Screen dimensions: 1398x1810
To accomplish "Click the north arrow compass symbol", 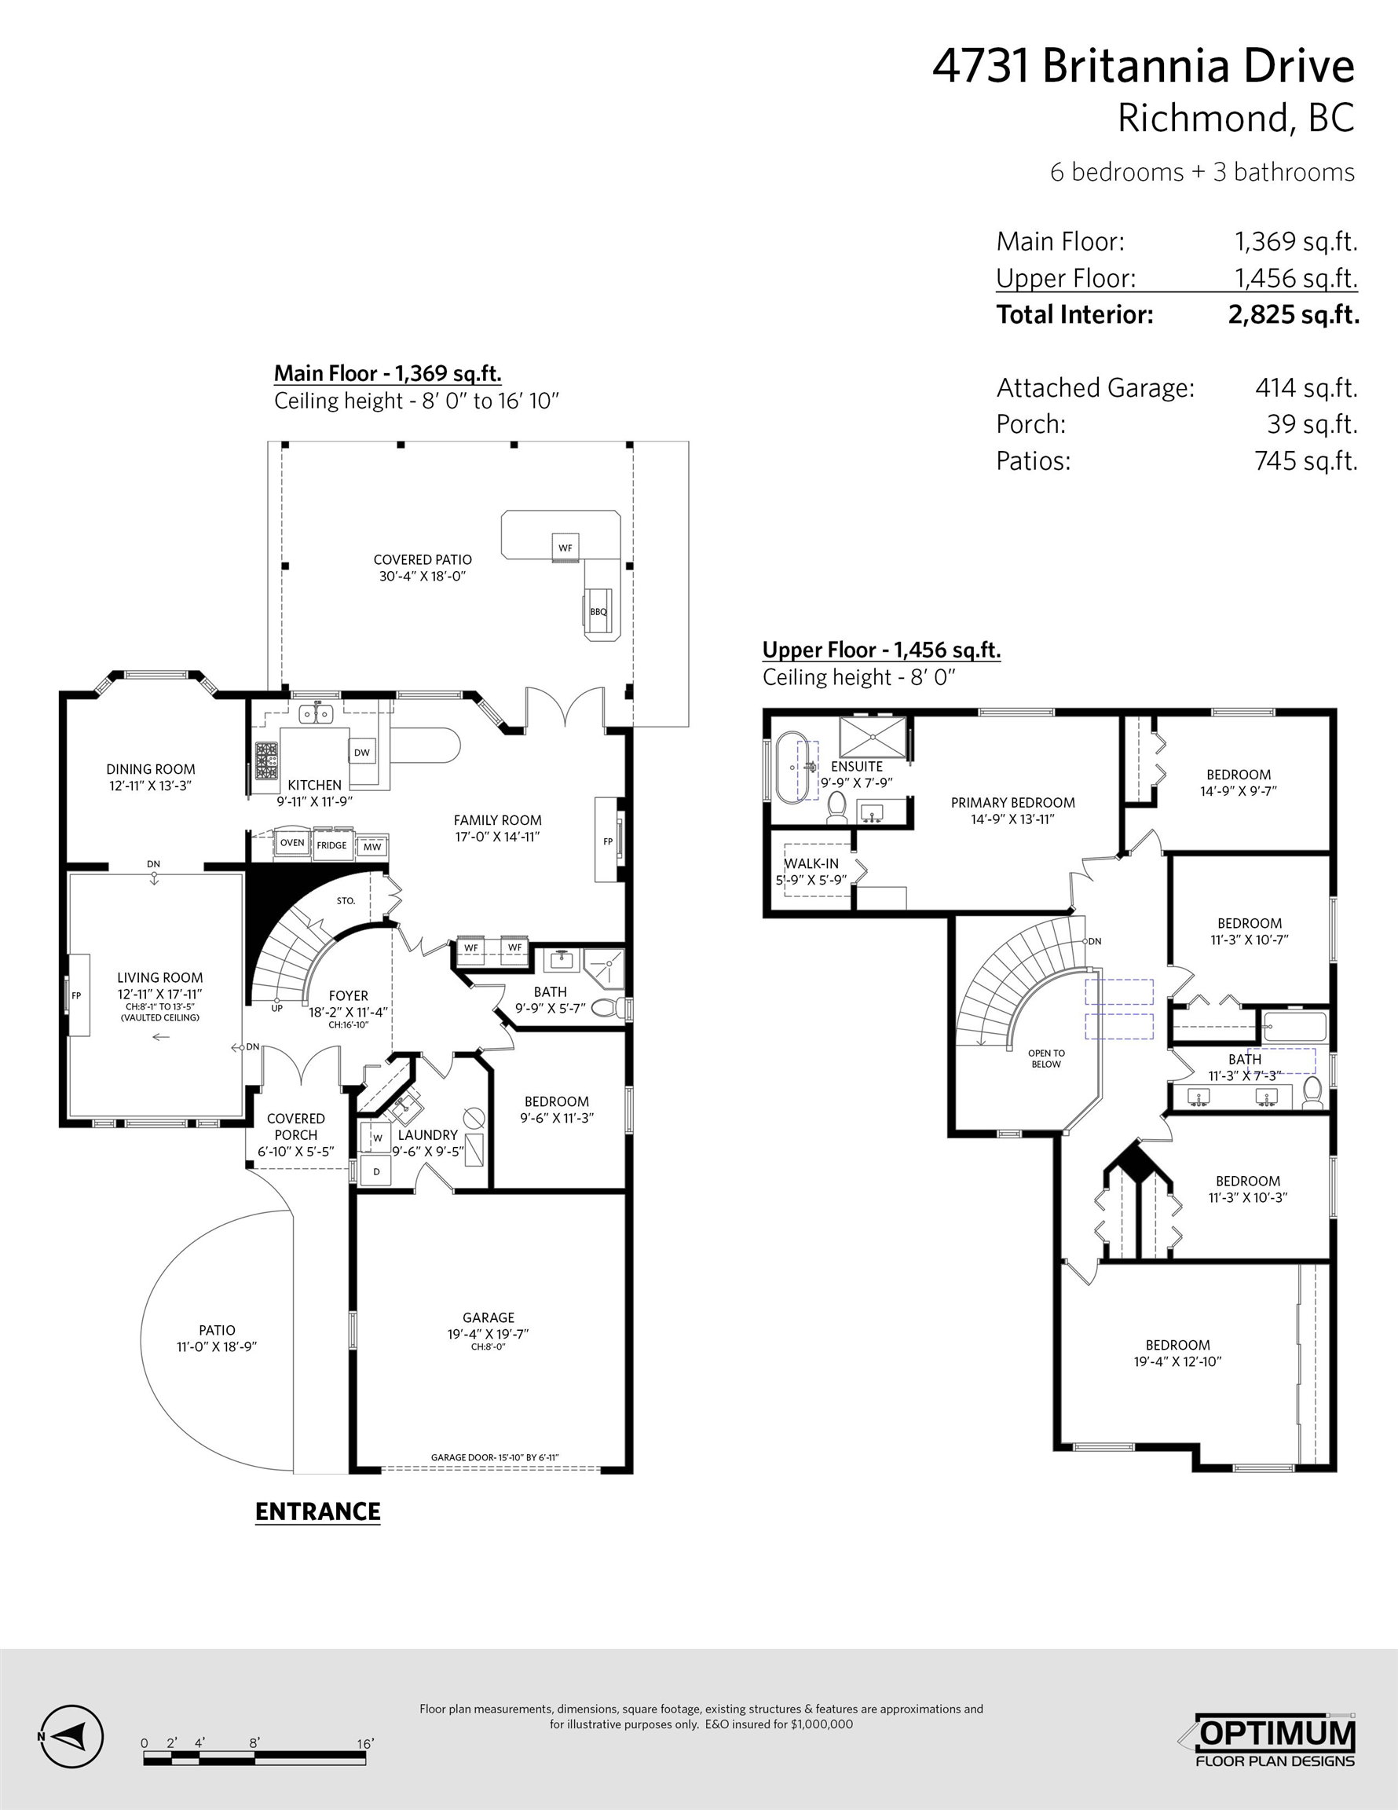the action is pyautogui.click(x=71, y=1736).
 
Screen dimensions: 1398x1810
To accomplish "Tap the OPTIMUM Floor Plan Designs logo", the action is pyautogui.click(x=1275, y=1739).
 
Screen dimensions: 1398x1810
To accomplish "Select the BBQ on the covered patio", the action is pyautogui.click(x=598, y=612).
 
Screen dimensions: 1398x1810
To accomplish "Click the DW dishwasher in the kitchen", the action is pyautogui.click(x=362, y=753).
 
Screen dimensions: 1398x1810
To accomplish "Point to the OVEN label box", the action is pyautogui.click(x=292, y=843).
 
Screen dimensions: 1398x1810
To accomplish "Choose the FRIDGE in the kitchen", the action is pyautogui.click(x=331, y=845).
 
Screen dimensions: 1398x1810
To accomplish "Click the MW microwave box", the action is pyautogui.click(x=372, y=847).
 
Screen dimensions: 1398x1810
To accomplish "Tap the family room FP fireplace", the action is pyautogui.click(x=608, y=841).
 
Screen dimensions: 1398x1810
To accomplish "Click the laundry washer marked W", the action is pyautogui.click(x=377, y=1138).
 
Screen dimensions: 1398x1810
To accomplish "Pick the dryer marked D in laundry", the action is pyautogui.click(x=376, y=1171).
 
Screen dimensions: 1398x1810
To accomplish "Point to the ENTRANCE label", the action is pyautogui.click(x=317, y=1511).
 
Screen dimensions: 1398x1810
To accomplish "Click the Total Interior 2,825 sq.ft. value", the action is pyautogui.click(x=1294, y=314).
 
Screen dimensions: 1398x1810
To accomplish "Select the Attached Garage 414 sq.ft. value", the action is pyautogui.click(x=1306, y=387).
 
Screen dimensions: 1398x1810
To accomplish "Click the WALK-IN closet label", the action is pyautogui.click(x=811, y=863).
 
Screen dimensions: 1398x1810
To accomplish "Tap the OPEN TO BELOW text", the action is pyautogui.click(x=1047, y=1058).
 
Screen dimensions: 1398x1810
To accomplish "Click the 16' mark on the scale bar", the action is pyautogui.click(x=364, y=1744).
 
